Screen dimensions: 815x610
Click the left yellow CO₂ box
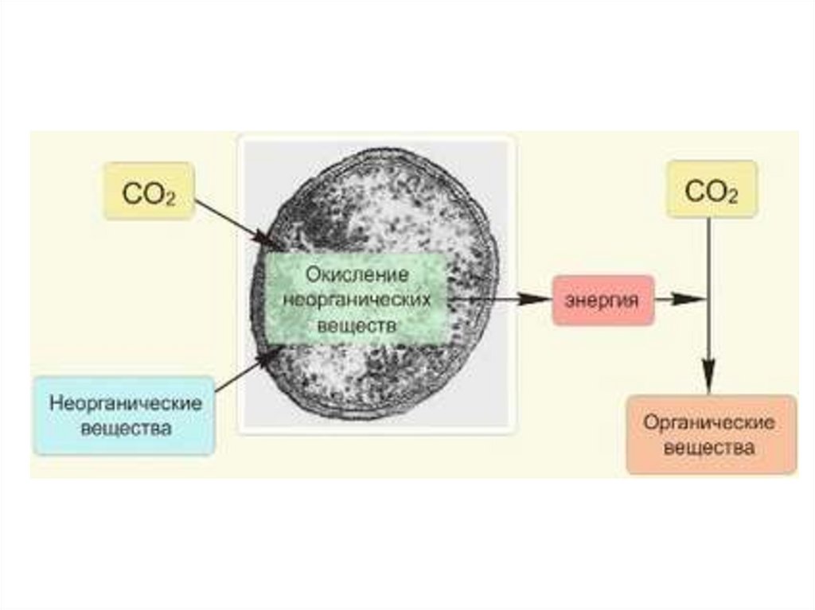click(x=148, y=191)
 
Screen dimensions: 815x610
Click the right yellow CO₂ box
click(x=712, y=189)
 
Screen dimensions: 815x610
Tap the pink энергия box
click(x=603, y=300)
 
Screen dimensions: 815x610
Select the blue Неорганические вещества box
click(x=123, y=415)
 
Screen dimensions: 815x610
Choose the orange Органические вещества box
click(x=710, y=434)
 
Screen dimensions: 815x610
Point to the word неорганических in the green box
click(x=357, y=300)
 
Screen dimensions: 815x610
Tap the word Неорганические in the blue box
click(x=125, y=402)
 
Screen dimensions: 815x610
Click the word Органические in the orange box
click(x=708, y=422)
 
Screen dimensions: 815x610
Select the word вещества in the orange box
click(x=708, y=448)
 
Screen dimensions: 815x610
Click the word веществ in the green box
click(x=357, y=326)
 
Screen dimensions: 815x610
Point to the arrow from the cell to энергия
click(x=501, y=300)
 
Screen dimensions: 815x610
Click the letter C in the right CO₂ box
click(x=692, y=190)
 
